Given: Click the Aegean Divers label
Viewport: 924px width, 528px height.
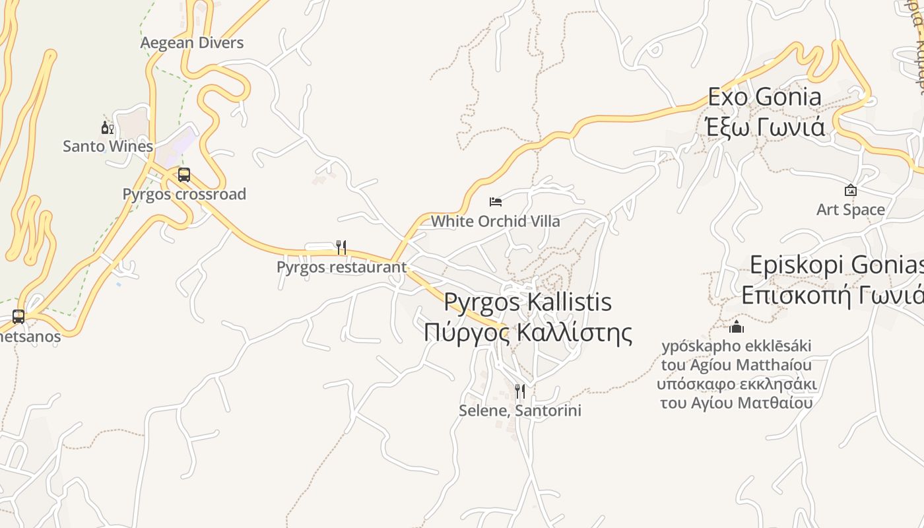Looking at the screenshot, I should point(192,43).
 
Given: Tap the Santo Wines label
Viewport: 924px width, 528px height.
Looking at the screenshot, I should point(108,146).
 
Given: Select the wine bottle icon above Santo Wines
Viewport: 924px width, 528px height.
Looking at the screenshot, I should point(108,127).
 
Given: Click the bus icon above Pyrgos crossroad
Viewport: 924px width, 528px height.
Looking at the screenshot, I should point(184,175).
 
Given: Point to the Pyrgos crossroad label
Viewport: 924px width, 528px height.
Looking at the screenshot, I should point(184,194).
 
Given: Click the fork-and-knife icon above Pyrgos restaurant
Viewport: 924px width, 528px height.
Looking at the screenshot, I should point(341,247).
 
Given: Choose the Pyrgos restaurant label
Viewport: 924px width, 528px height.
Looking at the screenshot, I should point(341,267).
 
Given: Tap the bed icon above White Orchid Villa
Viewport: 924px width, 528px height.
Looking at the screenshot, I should point(496,201).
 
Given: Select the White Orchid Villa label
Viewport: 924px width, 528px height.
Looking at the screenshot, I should point(495,221).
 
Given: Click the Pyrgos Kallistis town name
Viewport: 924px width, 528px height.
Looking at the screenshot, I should point(527,302).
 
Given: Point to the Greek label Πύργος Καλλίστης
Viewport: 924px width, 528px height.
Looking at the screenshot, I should point(527,332).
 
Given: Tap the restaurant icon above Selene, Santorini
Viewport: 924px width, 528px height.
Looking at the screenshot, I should point(520,391).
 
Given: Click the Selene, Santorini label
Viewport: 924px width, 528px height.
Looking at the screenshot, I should point(520,411).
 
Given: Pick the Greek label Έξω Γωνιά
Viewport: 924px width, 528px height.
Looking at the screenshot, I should point(765,126).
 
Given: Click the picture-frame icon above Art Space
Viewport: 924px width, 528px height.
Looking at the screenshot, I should point(851,191).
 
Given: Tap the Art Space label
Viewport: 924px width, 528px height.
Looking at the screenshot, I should point(851,210).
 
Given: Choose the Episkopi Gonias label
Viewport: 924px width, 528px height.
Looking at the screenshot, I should point(836,265).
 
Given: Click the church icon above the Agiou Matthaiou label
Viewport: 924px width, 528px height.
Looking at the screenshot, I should point(737,327).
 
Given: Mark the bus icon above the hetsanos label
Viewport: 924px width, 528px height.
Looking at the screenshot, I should point(18,317).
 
